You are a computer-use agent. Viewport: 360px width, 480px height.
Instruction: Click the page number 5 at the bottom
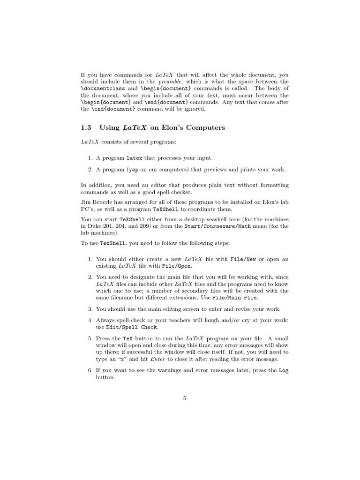(x=185, y=398)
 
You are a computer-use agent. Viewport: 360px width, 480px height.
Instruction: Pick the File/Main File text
(x=241, y=298)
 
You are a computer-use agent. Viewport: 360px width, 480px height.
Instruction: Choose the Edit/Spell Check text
(x=132, y=327)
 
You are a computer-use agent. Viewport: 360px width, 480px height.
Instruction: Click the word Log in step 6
(x=284, y=370)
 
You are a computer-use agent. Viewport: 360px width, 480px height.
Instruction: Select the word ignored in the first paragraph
(x=194, y=109)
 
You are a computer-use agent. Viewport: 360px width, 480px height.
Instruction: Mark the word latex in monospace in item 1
(x=135, y=158)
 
